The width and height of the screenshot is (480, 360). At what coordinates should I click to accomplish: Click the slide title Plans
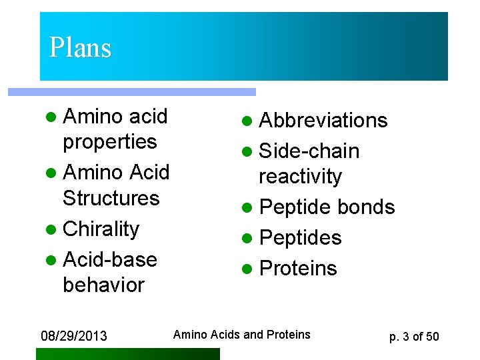click(x=80, y=48)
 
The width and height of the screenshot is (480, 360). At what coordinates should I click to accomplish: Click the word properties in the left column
click(x=109, y=142)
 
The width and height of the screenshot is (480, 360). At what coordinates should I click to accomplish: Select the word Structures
click(x=111, y=199)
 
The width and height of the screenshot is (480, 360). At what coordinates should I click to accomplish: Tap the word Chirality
click(x=101, y=229)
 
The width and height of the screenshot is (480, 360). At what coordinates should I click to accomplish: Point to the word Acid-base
click(x=109, y=259)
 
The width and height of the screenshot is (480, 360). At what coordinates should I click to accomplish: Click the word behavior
click(x=103, y=285)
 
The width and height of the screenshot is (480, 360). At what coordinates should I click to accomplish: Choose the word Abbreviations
click(x=323, y=121)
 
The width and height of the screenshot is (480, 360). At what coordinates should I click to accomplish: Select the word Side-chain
click(x=309, y=151)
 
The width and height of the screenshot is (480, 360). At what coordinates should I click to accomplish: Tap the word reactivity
click(x=300, y=177)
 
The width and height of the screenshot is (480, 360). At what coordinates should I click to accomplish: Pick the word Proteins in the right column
click(x=298, y=268)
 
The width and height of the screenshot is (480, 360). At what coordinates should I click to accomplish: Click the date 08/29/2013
click(x=73, y=335)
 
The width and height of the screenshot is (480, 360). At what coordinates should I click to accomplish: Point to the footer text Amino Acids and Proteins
click(x=241, y=335)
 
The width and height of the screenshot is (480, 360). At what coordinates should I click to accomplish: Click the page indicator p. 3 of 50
click(x=414, y=336)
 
